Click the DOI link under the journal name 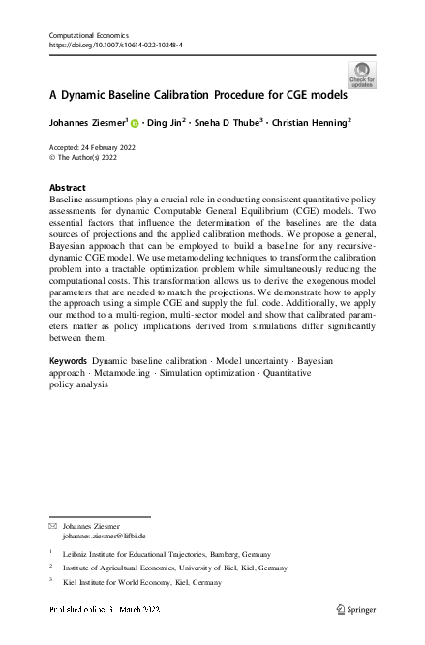[115, 46]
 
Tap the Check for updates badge [363, 75]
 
